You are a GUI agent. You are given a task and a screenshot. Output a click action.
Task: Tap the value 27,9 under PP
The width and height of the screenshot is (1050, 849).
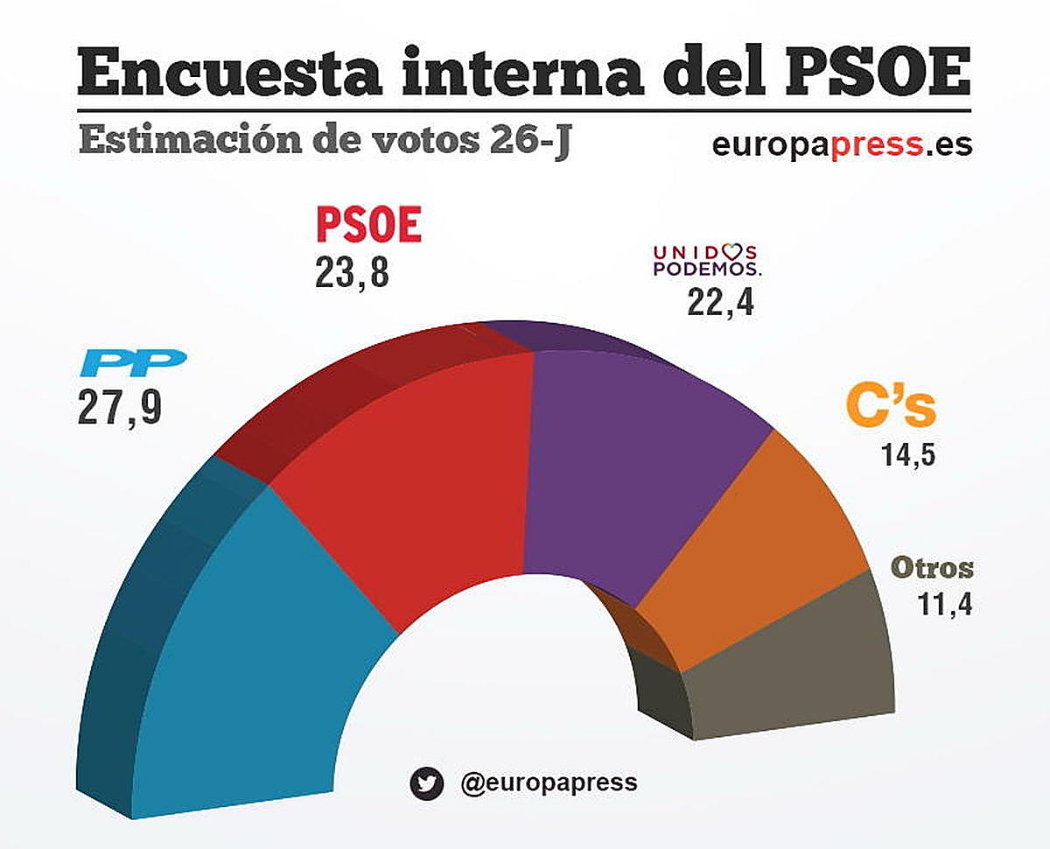pos(120,407)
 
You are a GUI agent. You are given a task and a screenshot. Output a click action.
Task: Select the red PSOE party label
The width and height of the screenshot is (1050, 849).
pos(368,225)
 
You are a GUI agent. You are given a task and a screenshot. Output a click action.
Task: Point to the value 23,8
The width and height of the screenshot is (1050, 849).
pos(351,272)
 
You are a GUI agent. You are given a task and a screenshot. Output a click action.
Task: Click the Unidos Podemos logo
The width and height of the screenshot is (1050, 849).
pos(707,261)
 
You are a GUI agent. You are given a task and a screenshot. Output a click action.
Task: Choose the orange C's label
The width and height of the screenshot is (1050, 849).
pos(891,408)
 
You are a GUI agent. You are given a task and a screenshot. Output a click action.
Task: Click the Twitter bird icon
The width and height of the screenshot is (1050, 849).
pos(426,783)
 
